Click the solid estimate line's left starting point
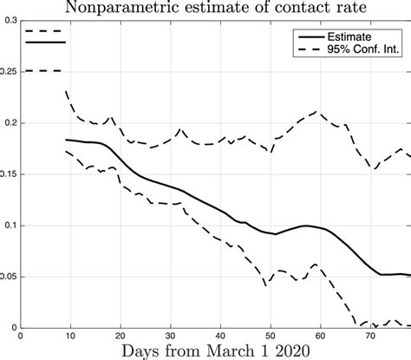(x=66, y=139)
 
